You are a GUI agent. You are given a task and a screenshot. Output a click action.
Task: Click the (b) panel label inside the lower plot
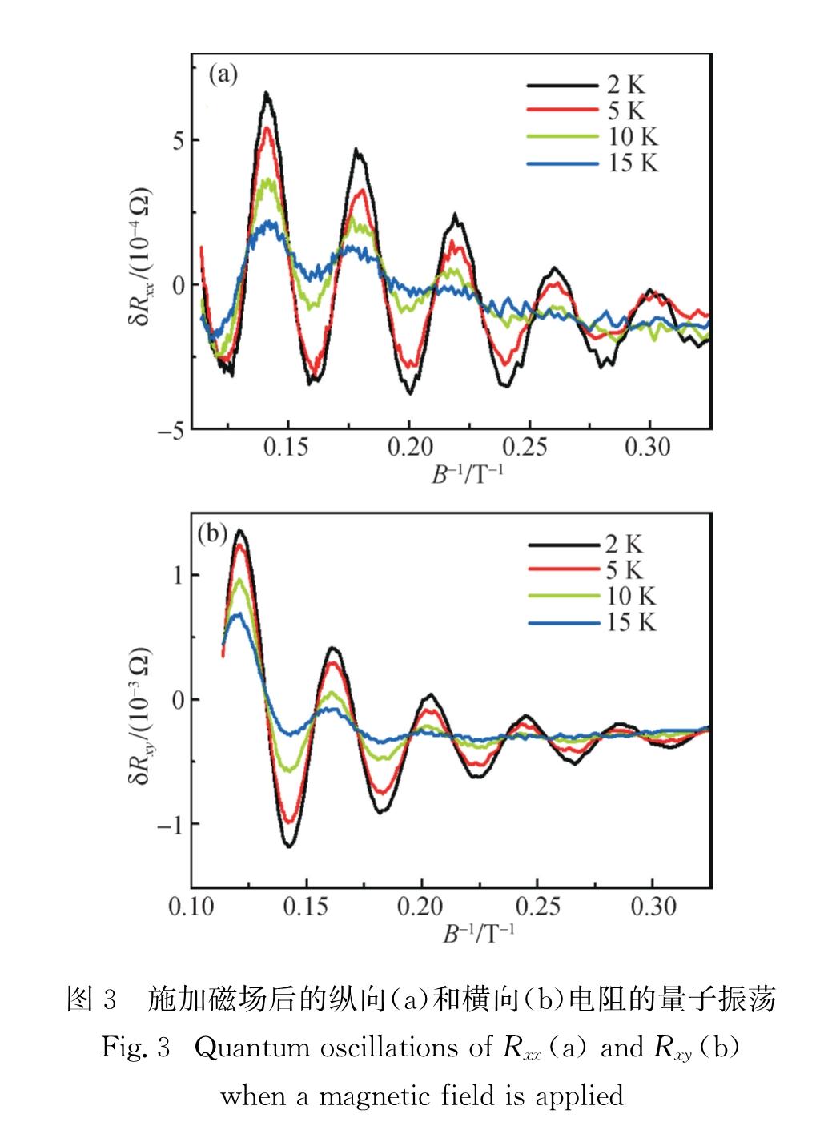tap(212, 533)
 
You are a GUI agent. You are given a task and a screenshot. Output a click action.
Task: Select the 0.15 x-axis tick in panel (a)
tap(286, 447)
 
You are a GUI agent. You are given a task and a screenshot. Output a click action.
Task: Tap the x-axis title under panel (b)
tap(479, 935)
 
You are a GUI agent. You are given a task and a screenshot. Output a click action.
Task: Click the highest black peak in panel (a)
tap(267, 94)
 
